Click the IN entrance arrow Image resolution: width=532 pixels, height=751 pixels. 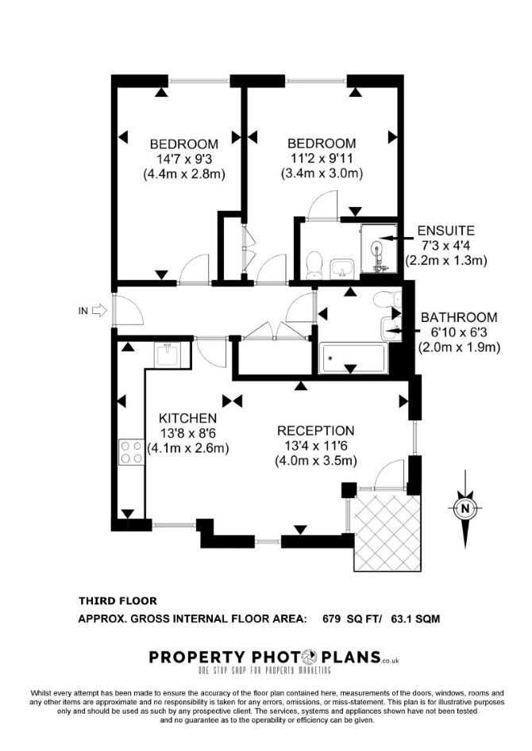(98, 311)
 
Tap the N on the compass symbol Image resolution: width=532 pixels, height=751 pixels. (465, 508)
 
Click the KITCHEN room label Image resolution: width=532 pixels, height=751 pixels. (187, 418)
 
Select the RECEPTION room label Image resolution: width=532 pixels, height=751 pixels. (316, 431)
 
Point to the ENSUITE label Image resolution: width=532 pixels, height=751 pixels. (445, 231)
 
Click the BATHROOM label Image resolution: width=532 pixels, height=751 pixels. (459, 317)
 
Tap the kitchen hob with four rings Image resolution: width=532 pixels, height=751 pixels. (132, 452)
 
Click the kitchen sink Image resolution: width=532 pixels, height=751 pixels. (168, 355)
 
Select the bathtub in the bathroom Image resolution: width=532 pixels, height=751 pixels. (353, 358)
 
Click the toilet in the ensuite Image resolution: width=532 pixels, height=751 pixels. (314, 266)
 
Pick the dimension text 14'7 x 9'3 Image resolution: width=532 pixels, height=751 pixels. (184, 159)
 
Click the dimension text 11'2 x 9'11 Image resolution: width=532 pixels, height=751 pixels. (322, 158)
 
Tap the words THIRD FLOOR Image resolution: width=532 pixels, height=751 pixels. (118, 600)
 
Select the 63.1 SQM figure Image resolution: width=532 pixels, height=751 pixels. (415, 619)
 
